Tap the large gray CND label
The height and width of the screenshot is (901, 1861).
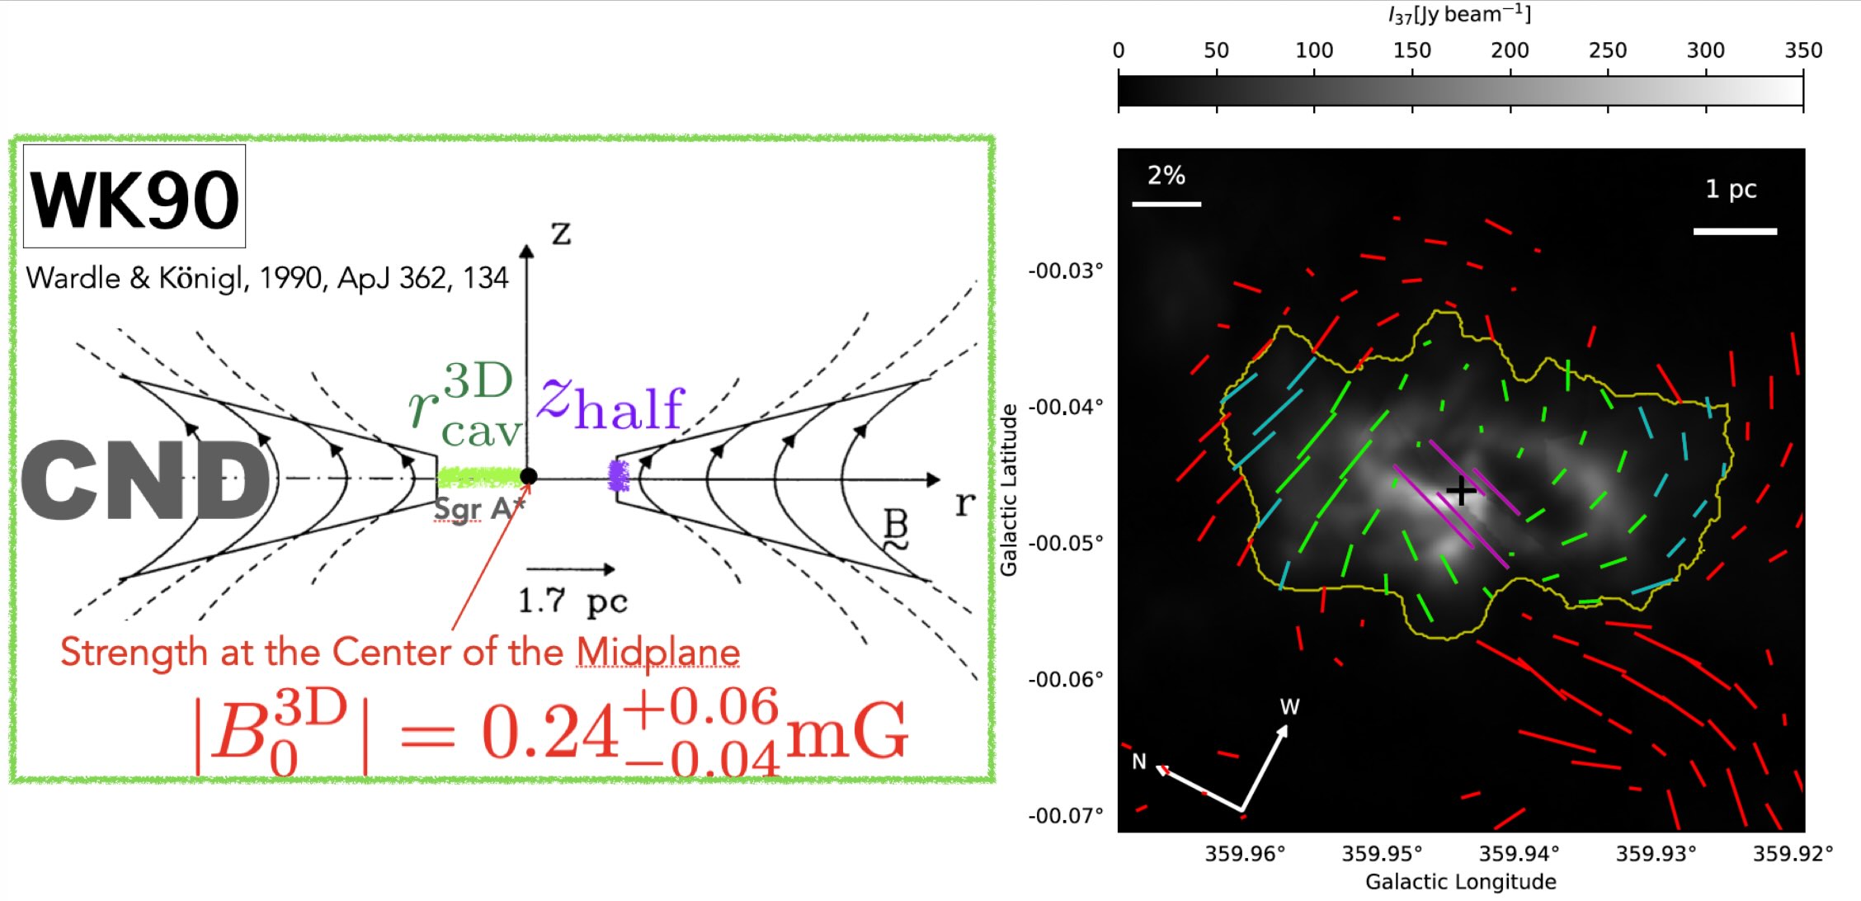click(x=145, y=480)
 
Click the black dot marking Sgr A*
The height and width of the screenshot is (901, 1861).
click(x=529, y=476)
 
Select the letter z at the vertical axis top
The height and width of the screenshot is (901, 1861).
click(x=561, y=234)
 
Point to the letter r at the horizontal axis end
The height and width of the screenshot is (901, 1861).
click(x=964, y=502)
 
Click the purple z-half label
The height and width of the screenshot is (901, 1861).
click(x=610, y=404)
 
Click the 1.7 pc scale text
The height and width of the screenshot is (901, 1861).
click(x=572, y=601)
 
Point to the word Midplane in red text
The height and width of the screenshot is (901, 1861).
click(x=657, y=652)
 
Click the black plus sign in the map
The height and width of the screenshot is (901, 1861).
click(x=1461, y=491)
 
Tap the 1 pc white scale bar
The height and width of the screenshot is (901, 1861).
click(x=1735, y=231)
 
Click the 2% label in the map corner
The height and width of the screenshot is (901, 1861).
click(x=1166, y=175)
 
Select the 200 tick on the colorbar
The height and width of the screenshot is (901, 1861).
click(x=1510, y=50)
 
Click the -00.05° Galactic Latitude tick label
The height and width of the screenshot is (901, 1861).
click(x=1065, y=543)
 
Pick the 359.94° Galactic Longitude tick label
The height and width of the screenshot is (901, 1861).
click(x=1519, y=853)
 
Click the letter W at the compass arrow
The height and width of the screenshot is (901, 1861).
click(x=1289, y=707)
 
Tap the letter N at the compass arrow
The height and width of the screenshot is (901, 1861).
click(x=1139, y=762)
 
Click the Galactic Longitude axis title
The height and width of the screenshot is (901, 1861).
click(x=1460, y=882)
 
